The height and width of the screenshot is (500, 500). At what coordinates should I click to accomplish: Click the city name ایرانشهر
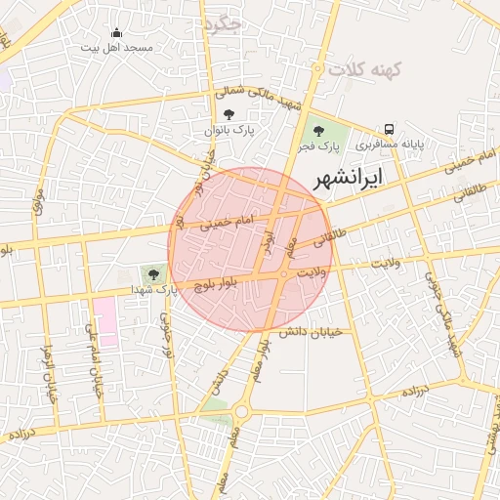[348, 178]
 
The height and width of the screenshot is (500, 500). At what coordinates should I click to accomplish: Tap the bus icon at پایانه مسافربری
[390, 129]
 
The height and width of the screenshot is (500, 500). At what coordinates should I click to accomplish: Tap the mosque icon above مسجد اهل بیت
[117, 32]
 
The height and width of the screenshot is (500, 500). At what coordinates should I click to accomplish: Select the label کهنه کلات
[359, 69]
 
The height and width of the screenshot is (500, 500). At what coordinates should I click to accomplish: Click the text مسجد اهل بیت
[116, 46]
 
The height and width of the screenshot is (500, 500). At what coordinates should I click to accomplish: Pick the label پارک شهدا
[155, 289]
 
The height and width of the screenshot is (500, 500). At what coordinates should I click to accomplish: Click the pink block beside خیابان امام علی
[104, 321]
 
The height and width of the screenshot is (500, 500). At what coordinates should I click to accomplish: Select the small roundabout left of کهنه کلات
[318, 67]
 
